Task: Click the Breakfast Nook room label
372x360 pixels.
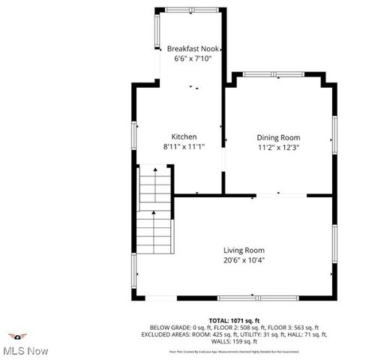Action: click(x=192, y=48)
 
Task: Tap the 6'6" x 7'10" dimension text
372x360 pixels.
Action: click(x=192, y=58)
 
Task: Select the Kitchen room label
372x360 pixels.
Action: click(x=184, y=136)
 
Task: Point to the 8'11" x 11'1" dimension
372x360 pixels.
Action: click(x=184, y=147)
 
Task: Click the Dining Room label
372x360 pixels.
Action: click(x=278, y=137)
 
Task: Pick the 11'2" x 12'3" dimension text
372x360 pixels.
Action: click(x=278, y=148)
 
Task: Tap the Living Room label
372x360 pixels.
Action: click(x=244, y=250)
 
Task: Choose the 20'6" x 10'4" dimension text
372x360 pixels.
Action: click(x=244, y=260)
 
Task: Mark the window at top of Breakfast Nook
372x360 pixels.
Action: click(x=191, y=10)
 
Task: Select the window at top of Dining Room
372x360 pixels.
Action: click(x=274, y=74)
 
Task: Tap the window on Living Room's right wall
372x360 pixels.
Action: click(x=334, y=244)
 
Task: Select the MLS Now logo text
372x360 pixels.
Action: click(x=25, y=350)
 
